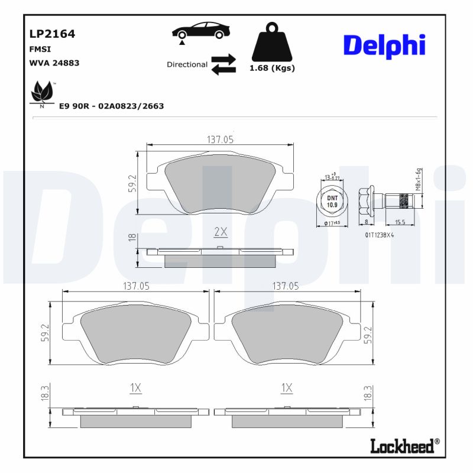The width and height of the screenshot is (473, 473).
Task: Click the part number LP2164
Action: coord(52,34)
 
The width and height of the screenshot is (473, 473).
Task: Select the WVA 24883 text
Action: coord(54,63)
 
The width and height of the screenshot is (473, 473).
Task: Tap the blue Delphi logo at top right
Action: coord(384,46)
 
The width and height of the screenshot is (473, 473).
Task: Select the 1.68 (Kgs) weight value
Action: coord(272,68)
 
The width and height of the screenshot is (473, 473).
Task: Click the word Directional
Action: coord(187,64)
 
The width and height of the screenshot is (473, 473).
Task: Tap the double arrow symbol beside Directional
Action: coord(223,64)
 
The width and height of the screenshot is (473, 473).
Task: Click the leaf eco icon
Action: coord(41,92)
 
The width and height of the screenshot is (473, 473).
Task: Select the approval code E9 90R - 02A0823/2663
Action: coord(111,106)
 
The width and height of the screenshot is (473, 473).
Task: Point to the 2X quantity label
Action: coord(220,230)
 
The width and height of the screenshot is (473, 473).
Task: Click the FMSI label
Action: coord(39,50)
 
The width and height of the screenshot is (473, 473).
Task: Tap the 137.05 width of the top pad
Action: coord(220,140)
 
